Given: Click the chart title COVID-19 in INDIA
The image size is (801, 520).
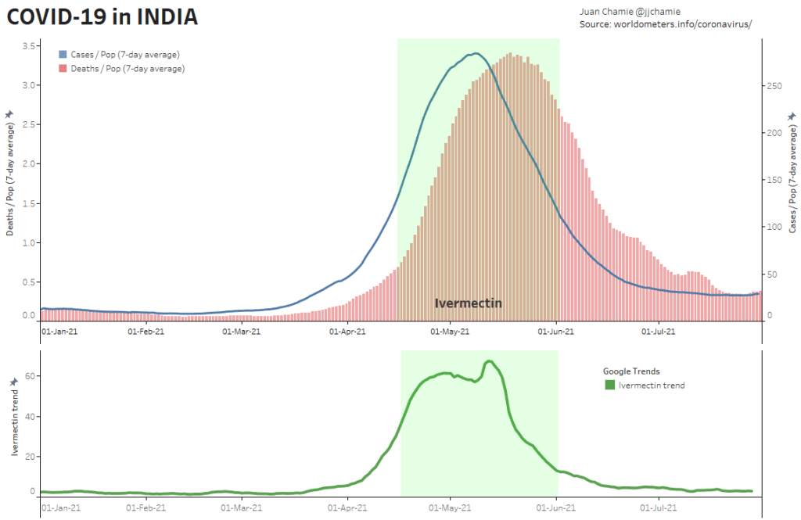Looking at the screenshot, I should point(102,16).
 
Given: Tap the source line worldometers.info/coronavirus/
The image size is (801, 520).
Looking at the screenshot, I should point(666,25).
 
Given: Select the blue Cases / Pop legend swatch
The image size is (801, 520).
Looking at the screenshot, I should point(63,55).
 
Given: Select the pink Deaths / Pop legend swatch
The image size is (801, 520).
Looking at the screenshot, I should point(63,69).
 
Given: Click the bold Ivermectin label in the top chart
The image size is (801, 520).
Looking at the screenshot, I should point(469,303).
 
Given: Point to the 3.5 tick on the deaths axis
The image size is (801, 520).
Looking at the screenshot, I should point(27,46).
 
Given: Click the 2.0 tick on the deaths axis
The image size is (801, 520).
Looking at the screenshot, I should point(27,164).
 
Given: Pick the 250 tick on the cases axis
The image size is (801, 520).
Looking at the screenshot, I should point(773,86).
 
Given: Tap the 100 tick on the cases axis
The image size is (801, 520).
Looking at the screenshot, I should point(773,228).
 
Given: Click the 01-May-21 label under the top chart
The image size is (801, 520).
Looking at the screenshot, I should point(451,332).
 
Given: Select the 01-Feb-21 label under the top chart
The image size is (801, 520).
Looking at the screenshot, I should point(145,332).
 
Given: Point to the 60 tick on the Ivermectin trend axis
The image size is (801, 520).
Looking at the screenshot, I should point(31,376).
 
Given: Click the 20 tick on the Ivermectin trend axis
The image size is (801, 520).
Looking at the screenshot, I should point(31,454).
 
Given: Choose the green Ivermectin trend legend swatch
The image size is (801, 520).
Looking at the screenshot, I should point(610,385).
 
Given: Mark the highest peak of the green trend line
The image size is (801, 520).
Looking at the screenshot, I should point(489,361).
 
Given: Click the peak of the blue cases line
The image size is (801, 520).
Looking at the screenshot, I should point(476,53).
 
